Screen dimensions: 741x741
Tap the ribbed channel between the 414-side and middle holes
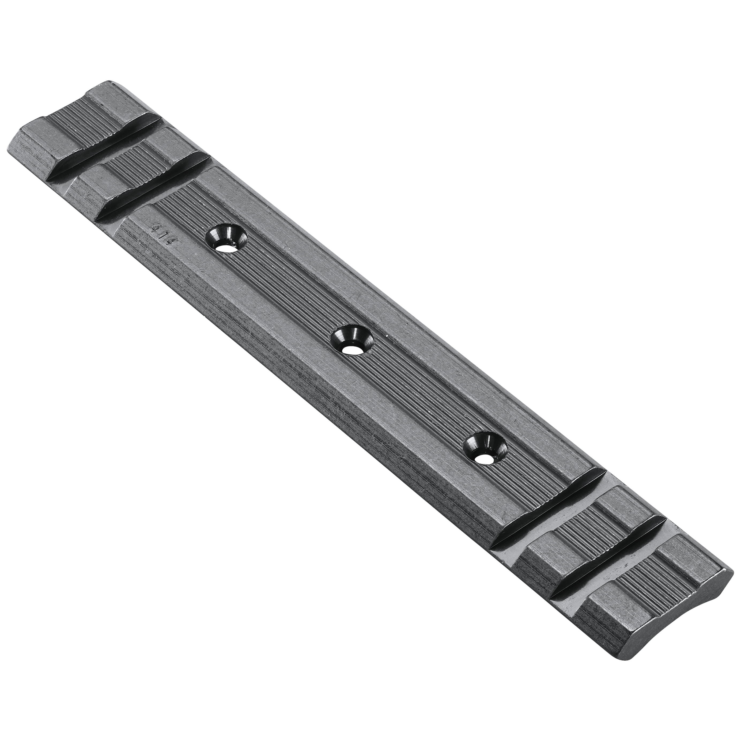coord(292,288)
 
